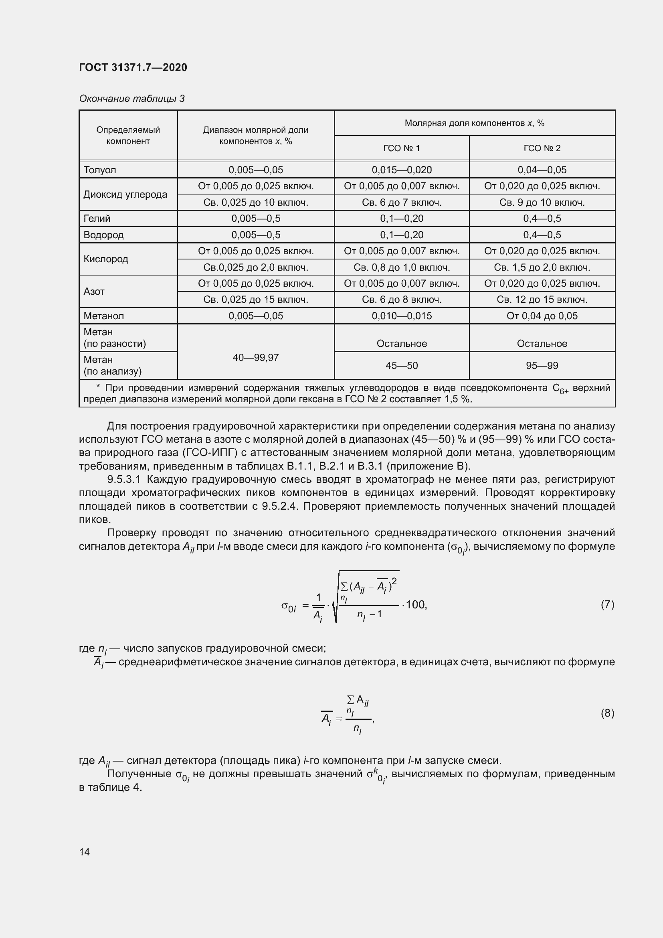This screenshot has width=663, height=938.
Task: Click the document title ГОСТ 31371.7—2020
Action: pyautogui.click(x=133, y=67)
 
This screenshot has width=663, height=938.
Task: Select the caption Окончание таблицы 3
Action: pyautogui.click(x=132, y=99)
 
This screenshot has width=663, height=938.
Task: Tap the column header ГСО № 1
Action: pyautogui.click(x=401, y=148)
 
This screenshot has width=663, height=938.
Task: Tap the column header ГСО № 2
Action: pyautogui.click(x=542, y=148)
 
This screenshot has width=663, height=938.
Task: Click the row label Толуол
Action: pyautogui.click(x=100, y=170)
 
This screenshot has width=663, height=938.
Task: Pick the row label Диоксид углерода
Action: pyautogui.click(x=125, y=194)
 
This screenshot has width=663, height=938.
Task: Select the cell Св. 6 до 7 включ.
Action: pyautogui.click(x=401, y=203)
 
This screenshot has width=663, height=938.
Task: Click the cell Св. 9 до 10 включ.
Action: pyautogui.click(x=542, y=203)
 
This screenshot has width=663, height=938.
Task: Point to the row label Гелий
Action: pyautogui.click(x=97, y=219)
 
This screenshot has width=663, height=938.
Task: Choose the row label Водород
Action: pyautogui.click(x=103, y=235)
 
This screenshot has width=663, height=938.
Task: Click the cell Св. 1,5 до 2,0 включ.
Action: pyautogui.click(x=542, y=267)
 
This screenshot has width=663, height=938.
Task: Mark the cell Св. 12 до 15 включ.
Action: pyautogui.click(x=542, y=300)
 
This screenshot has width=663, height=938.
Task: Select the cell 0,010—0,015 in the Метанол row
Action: pyautogui.click(x=401, y=316)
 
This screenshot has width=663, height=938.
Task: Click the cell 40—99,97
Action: pyautogui.click(x=256, y=358)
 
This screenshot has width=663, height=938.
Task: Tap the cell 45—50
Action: pyautogui.click(x=401, y=366)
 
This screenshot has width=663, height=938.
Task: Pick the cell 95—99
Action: pyautogui.click(x=542, y=366)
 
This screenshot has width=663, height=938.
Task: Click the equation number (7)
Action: pyautogui.click(x=607, y=604)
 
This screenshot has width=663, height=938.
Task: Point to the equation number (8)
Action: pyautogui.click(x=607, y=713)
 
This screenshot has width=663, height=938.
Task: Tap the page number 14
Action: pyautogui.click(x=85, y=852)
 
